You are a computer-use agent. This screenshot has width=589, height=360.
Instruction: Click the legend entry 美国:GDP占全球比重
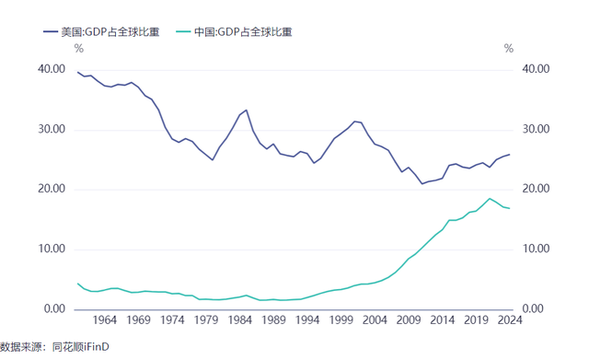pyautogui.click(x=101, y=32)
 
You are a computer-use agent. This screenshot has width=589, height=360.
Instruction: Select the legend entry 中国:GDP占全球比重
pyautogui.click(x=234, y=32)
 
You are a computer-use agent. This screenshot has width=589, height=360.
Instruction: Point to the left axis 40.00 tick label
pyautogui.click(x=52, y=69)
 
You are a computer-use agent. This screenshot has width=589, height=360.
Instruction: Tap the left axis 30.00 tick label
pyautogui.click(x=52, y=129)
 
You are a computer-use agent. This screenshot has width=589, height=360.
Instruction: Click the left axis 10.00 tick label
pyautogui.click(x=52, y=249)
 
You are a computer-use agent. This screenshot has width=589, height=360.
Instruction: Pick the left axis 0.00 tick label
pyautogui.click(x=54, y=308)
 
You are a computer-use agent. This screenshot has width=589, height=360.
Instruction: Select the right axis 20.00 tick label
pyautogui.click(x=536, y=188)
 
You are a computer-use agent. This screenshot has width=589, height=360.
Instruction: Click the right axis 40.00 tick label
pyautogui.click(x=536, y=69)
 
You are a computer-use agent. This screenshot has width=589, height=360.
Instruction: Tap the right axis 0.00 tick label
pyautogui.click(x=533, y=308)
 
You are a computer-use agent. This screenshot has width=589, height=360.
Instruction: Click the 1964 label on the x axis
pyautogui.click(x=105, y=319)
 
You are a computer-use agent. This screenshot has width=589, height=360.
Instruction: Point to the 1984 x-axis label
pyautogui.click(x=239, y=319)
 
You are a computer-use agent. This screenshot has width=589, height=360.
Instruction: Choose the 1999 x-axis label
pyautogui.click(x=341, y=319)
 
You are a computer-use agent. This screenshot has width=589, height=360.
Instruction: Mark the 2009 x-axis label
pyautogui.click(x=409, y=319)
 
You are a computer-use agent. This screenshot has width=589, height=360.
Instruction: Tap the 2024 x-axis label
pyautogui.click(x=510, y=319)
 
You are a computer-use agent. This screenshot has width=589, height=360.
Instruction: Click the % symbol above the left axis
pyautogui.click(x=79, y=49)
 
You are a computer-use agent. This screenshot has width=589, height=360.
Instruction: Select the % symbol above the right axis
pyautogui.click(x=509, y=49)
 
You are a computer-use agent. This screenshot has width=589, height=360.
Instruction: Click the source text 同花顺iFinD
pyautogui.click(x=80, y=346)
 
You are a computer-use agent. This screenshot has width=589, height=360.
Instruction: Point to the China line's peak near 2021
pyautogui.click(x=490, y=198)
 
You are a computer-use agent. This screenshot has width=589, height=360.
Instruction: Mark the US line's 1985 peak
pyautogui.click(x=246, y=110)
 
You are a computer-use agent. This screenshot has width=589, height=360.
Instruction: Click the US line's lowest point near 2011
pyautogui.click(x=422, y=184)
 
